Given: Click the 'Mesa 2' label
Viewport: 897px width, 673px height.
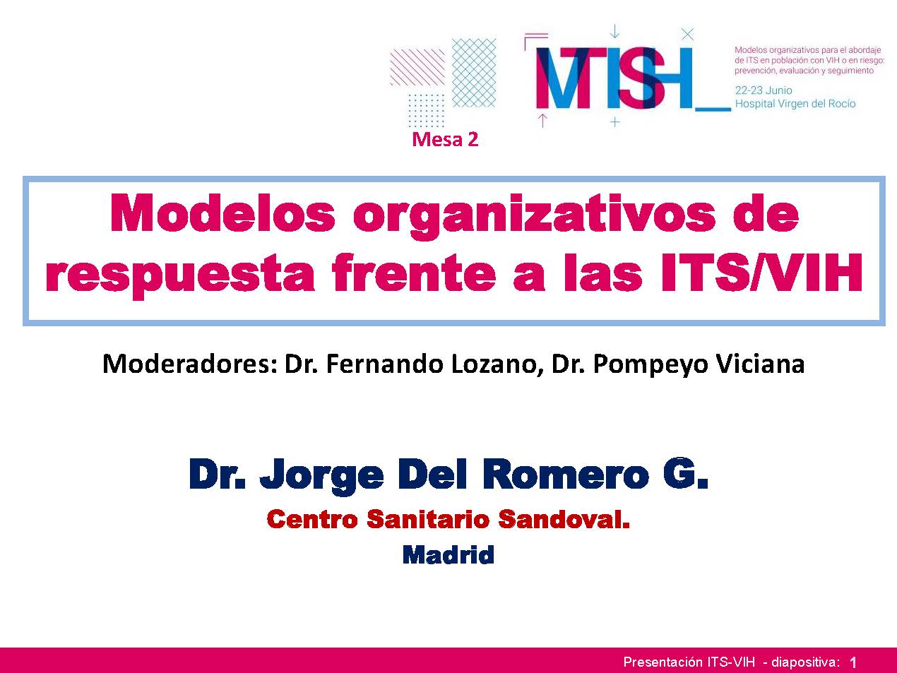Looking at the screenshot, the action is [x=445, y=140].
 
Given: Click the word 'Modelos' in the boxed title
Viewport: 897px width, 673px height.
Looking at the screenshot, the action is [x=222, y=214].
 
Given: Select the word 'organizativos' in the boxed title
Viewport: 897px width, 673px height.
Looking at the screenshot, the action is [x=535, y=216].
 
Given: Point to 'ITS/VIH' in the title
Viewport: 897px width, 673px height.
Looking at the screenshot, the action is [x=761, y=272].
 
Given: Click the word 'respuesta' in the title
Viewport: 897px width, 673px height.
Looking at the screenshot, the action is [x=180, y=275].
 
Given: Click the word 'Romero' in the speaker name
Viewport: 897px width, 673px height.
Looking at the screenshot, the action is [x=566, y=474].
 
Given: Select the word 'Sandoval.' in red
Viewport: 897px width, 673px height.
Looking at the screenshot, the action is [x=564, y=518].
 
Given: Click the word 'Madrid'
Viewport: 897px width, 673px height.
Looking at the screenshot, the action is [x=448, y=554].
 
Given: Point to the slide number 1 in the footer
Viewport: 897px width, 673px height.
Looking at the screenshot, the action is [x=853, y=662].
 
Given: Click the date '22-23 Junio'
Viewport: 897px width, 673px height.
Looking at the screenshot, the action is [x=764, y=90].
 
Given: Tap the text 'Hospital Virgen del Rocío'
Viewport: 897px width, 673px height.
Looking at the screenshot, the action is [x=795, y=103].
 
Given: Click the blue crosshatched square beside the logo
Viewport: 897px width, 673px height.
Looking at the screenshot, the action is [x=474, y=73].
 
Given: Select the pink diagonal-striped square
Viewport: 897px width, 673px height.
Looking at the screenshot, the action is [x=417, y=67].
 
